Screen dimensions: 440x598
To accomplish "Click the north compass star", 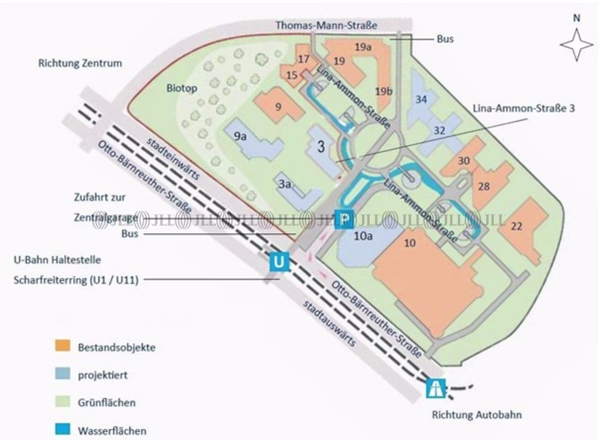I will (576, 45).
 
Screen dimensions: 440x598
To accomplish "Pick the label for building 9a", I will (240, 136).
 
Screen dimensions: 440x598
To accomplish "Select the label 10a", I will (363, 236).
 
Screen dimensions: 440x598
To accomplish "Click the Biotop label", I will (182, 88).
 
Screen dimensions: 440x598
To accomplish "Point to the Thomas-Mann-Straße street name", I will (326, 26).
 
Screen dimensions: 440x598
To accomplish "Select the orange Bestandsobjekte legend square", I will (63, 346).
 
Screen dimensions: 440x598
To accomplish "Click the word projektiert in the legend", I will (103, 375).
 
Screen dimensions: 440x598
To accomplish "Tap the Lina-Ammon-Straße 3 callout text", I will (524, 108).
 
